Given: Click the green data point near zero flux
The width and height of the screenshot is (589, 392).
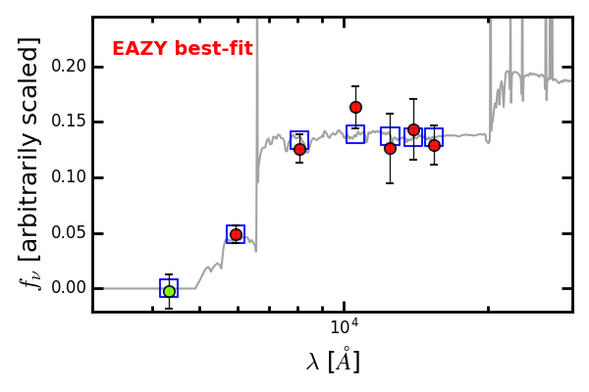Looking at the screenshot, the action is click(x=170, y=291).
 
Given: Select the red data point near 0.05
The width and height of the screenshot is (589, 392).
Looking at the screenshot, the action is click(x=236, y=234).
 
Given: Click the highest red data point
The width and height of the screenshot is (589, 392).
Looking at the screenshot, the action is click(x=355, y=107).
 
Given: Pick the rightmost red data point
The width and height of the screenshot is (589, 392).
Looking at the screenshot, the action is click(x=434, y=146).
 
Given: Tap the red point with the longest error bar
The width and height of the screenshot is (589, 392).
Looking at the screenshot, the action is click(x=391, y=149).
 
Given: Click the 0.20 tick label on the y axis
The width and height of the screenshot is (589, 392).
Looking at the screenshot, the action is click(x=69, y=67).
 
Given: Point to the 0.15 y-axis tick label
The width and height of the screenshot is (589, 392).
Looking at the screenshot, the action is click(x=69, y=122).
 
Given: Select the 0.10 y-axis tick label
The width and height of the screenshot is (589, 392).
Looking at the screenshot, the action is click(x=69, y=177).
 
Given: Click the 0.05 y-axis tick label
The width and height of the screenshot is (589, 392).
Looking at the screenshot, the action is click(x=69, y=233).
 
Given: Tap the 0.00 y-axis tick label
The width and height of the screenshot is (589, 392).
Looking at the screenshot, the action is click(x=69, y=288).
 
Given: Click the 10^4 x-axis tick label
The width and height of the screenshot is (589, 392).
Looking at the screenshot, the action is click(x=345, y=326).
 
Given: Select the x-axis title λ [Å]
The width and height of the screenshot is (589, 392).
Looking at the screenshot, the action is click(x=333, y=361).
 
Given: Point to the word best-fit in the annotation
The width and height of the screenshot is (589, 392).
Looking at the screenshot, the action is click(x=213, y=48).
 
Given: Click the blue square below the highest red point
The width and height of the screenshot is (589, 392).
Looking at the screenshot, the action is click(x=355, y=134).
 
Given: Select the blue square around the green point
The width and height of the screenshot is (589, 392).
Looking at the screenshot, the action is click(x=169, y=288).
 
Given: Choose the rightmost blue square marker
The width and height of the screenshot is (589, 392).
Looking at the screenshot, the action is click(x=434, y=137).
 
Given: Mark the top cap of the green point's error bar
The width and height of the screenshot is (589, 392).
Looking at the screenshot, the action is click(x=169, y=274).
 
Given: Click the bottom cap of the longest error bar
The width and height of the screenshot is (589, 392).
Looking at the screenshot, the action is click(x=391, y=183).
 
